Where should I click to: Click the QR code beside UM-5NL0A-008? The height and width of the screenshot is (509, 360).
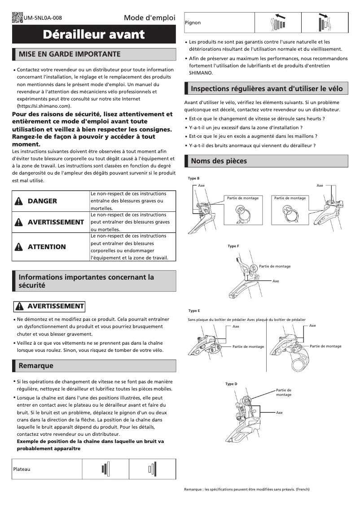coord(18,18)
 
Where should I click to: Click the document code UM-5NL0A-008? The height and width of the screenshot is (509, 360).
coord(43,18)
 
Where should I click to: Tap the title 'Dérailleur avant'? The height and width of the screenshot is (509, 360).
coord(94,35)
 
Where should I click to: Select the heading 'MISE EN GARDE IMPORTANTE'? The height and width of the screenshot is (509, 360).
coord(70,54)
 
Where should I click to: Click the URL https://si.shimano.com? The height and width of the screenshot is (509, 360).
coord(44,106)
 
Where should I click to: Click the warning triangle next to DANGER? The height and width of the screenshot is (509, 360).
coord(18,201)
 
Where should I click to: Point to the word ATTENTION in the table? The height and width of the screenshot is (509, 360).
coord(47,247)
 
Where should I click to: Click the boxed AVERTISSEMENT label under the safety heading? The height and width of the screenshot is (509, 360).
coord(49,306)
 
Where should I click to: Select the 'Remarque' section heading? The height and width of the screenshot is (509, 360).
coord(36,366)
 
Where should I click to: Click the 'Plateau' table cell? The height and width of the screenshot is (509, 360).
coord(22,469)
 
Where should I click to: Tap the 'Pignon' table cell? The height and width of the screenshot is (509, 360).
coord(193,22)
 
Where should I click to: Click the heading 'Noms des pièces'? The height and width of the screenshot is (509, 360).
coord(219,161)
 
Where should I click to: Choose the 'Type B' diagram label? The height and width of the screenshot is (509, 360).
coord(193,179)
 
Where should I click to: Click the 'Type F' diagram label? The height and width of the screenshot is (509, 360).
coord(233,246)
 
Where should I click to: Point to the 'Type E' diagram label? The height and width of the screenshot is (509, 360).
coord(194,311)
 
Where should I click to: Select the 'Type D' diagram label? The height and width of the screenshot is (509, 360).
coord(231,384)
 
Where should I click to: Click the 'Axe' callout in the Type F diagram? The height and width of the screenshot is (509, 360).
coord(276,281)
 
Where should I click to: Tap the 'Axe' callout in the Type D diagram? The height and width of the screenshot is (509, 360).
coord(279,412)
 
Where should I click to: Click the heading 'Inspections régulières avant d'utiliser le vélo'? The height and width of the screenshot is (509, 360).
coord(267,89)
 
